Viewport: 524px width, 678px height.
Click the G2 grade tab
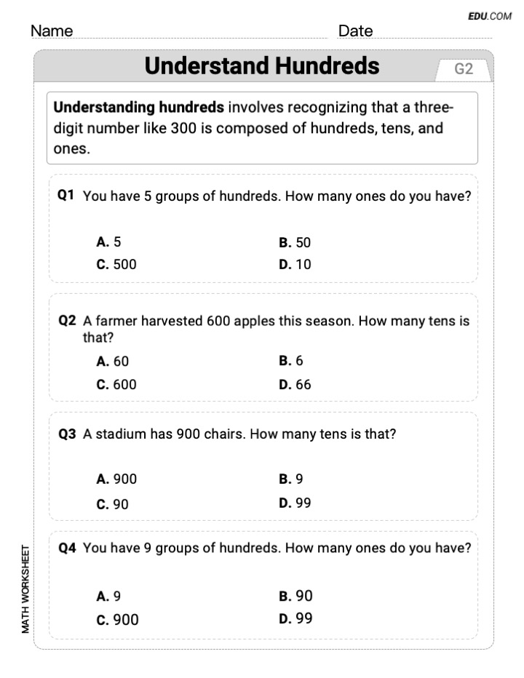tap(464, 69)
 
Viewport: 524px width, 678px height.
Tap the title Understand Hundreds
tap(262, 66)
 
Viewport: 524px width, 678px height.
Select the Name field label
tap(52, 31)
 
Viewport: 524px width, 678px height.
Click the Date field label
tap(355, 31)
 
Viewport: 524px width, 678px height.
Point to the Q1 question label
tap(67, 196)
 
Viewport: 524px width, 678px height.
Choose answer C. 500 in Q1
tap(116, 264)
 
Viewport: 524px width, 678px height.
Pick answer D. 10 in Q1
tap(295, 264)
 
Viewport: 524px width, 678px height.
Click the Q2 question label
tap(67, 320)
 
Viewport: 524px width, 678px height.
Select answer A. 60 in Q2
tap(113, 361)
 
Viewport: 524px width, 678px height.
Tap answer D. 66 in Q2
tap(295, 384)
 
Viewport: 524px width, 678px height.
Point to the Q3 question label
tap(67, 434)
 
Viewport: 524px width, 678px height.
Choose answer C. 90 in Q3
tap(113, 503)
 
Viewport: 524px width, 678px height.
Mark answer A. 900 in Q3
tap(116, 479)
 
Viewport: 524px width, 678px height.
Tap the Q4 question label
tap(67, 548)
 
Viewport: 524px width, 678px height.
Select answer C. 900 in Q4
tap(117, 620)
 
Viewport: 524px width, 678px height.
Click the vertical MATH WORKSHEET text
tap(25, 589)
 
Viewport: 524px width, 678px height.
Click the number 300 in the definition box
tap(183, 129)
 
